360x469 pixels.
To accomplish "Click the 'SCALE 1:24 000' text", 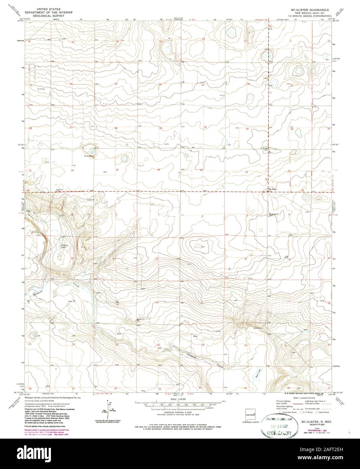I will (177, 400).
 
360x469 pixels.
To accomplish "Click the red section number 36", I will (159, 170).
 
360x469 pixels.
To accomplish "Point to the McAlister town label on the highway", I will (272, 189).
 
